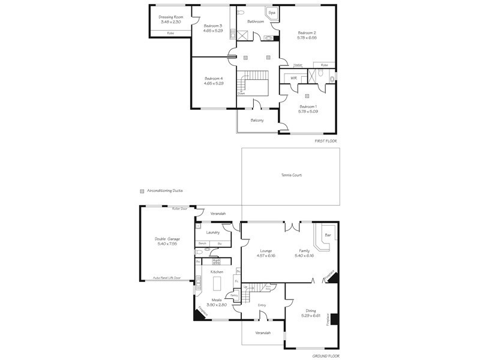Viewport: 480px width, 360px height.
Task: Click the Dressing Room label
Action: [x=170, y=17]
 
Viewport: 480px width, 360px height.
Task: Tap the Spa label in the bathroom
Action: [x=272, y=13]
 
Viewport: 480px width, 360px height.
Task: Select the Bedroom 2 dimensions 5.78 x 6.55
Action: [x=307, y=37]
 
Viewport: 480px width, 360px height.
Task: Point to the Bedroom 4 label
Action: [x=213, y=79]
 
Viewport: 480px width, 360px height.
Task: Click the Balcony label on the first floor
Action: [x=257, y=121]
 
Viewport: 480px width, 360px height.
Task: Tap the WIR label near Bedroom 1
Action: [x=293, y=78]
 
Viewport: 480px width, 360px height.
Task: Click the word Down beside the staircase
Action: [x=241, y=94]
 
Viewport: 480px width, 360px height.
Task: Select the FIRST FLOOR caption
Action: [x=326, y=141]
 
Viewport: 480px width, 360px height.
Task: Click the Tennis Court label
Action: [x=291, y=175]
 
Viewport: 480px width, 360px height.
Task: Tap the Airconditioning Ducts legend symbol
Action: [x=142, y=190]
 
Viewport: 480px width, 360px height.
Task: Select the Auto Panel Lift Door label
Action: [x=167, y=278]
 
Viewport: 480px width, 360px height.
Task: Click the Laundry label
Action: [x=213, y=232]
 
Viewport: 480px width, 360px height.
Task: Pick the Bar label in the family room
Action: [x=328, y=235]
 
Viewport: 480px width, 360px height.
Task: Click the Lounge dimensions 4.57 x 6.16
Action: [x=266, y=255]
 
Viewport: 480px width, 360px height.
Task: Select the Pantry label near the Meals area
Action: [x=235, y=295]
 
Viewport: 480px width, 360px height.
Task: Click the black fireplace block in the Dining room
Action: [x=335, y=319]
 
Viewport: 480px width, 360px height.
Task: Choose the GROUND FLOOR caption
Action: [x=326, y=356]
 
